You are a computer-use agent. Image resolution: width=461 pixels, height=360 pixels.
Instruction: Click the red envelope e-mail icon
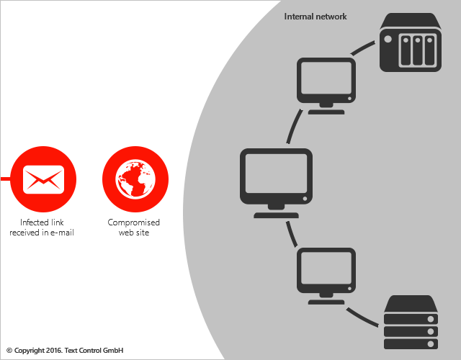tap(44, 178)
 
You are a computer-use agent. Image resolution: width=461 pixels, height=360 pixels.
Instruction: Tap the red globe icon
tap(135, 178)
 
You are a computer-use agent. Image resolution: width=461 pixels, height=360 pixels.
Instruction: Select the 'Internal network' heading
tap(315, 17)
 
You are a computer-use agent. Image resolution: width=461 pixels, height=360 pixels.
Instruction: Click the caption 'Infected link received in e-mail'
tap(42, 228)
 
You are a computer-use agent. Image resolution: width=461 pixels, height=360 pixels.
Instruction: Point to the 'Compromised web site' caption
tap(134, 228)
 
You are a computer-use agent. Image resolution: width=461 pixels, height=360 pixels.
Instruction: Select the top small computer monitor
tap(326, 81)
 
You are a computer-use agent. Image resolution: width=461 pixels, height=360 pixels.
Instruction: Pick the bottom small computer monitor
tap(326, 272)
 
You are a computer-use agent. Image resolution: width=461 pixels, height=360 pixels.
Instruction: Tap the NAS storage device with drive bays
tap(410, 44)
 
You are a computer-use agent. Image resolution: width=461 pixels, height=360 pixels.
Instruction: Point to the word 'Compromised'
tap(134, 222)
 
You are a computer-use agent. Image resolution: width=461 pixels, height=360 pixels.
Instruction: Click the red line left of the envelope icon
tap(5, 178)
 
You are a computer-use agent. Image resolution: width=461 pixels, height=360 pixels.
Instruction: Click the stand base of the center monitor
tap(276, 215)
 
